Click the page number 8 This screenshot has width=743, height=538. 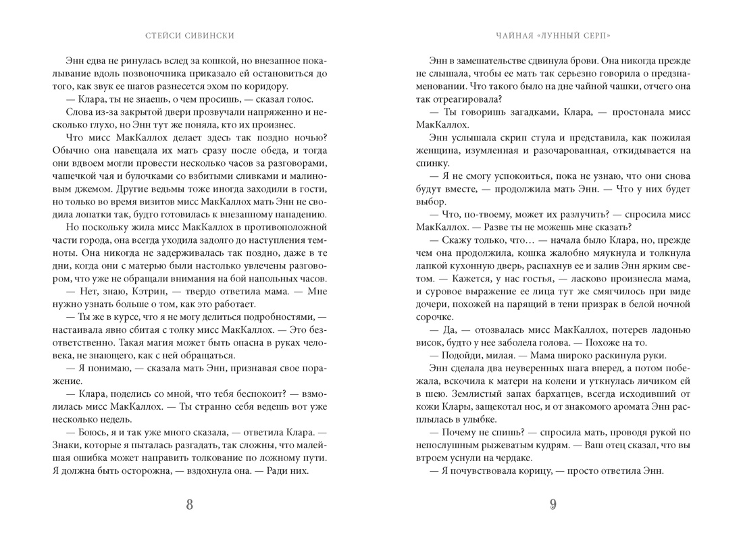[x=188, y=504]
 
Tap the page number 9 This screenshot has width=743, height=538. [x=553, y=504]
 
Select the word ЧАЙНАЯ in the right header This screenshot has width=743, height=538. [x=513, y=35]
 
